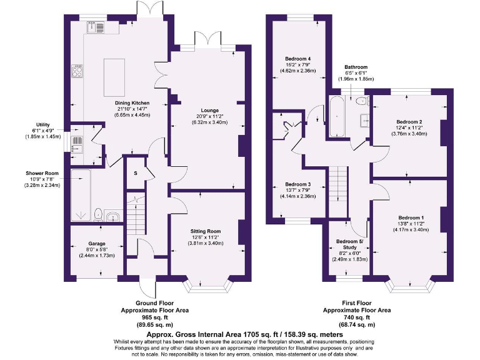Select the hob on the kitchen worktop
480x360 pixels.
click(x=77, y=71)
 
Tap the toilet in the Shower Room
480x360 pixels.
click(x=97, y=215)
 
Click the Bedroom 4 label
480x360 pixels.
click(x=297, y=59)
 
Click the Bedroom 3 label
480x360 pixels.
click(x=297, y=184)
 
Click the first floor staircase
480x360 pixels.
click(x=337, y=184)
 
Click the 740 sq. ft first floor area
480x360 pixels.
click(x=357, y=317)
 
